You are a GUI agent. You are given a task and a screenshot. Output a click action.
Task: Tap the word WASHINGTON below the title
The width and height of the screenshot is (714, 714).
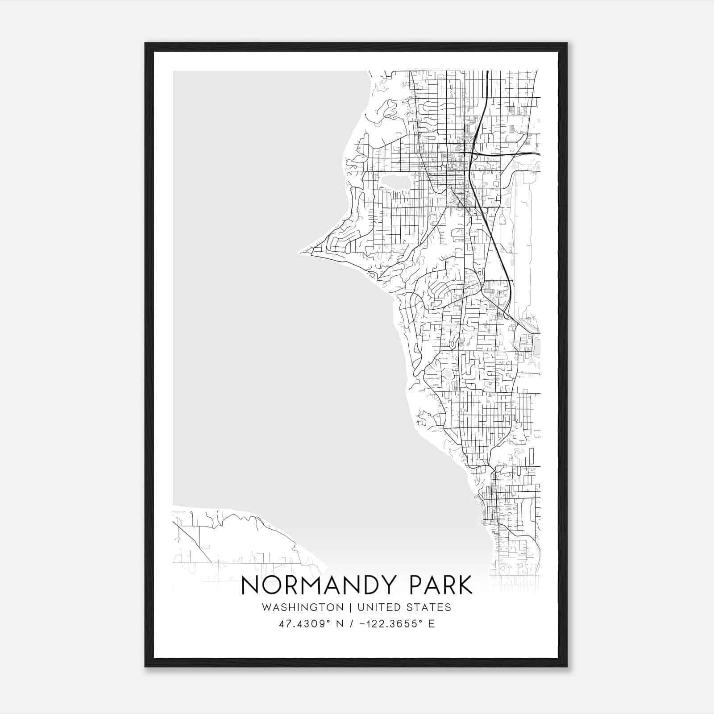(x=303, y=607)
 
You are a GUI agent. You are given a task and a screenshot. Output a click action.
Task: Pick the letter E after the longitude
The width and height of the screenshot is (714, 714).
(x=431, y=624)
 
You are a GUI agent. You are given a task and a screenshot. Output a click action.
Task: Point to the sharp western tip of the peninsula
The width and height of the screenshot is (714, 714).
(x=300, y=252)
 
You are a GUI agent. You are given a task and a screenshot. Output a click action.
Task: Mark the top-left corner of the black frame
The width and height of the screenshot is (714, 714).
(x=145, y=43)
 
